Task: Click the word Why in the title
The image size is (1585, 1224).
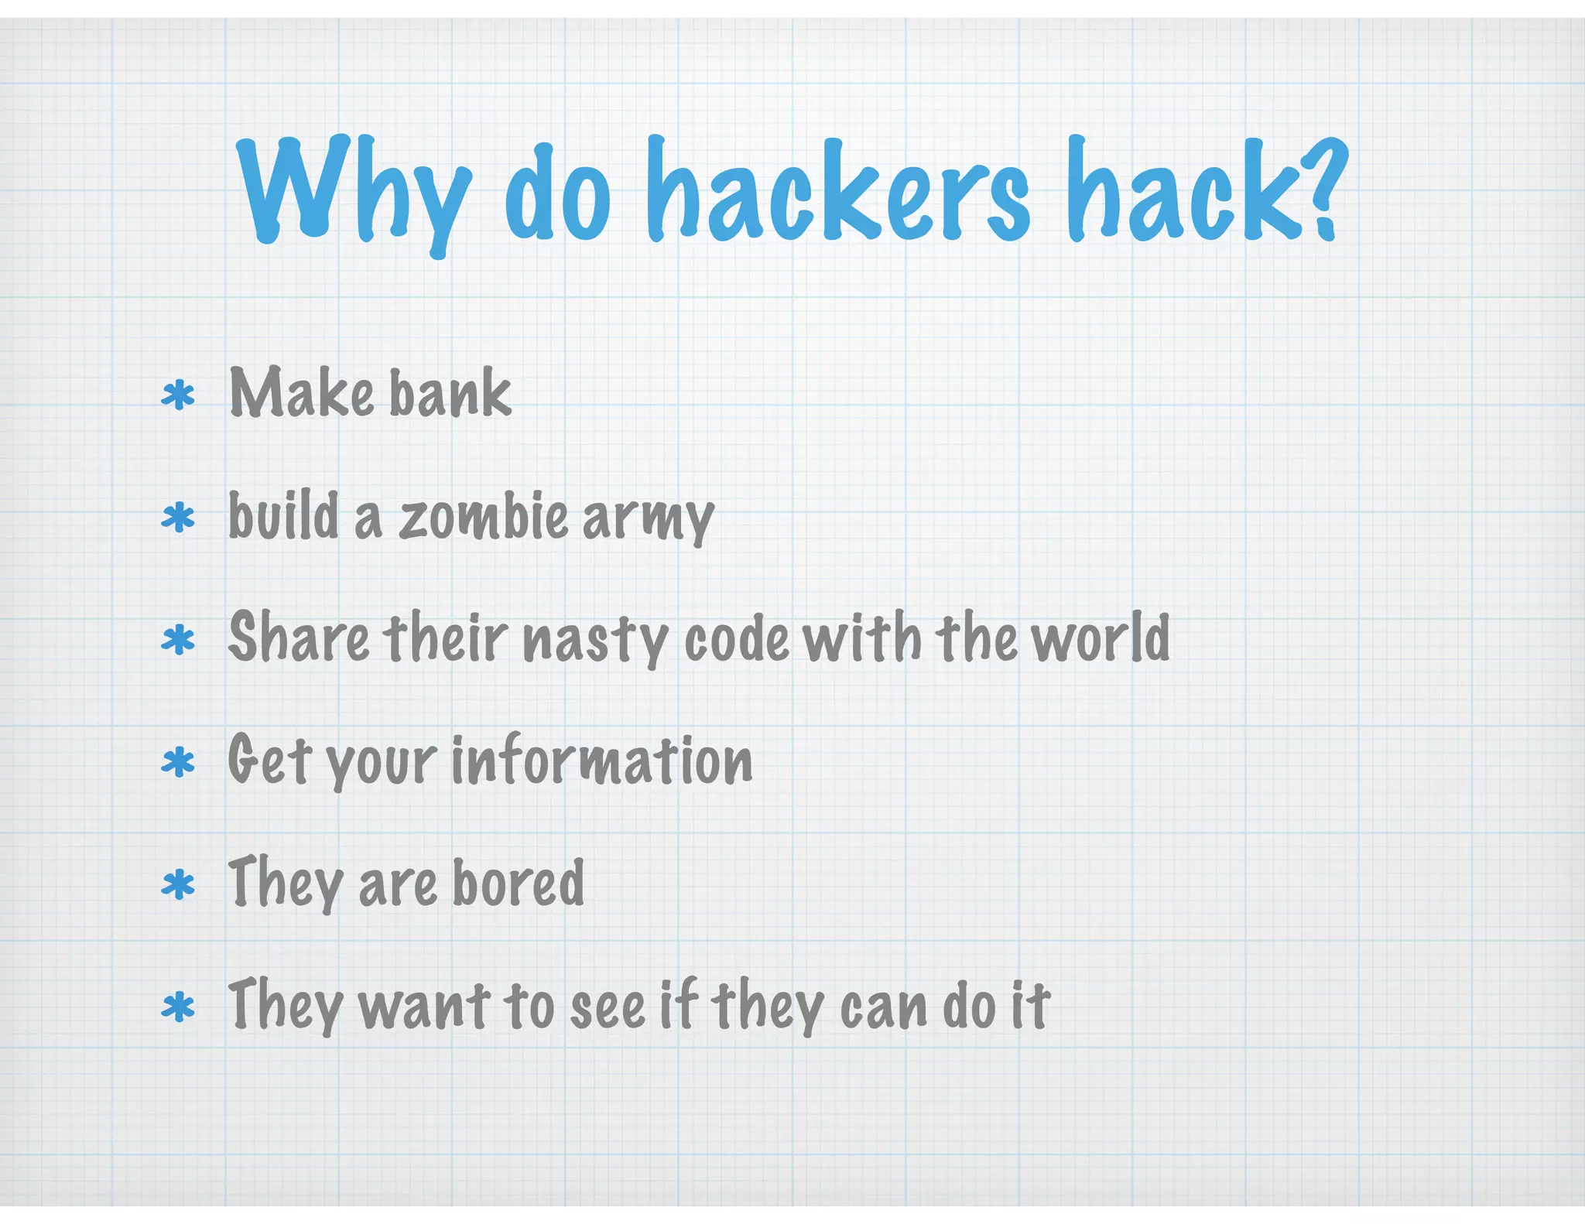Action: [353, 190]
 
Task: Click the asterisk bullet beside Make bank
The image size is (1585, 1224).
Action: [178, 396]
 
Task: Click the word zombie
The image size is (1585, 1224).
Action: [484, 517]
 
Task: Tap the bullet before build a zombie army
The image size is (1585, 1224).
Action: [178, 518]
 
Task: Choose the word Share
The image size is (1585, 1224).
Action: [299, 639]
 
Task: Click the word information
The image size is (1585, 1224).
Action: [601, 761]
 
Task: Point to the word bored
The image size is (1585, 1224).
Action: [518, 883]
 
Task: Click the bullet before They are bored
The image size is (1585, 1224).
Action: [178, 885]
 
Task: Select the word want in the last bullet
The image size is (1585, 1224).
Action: [425, 1006]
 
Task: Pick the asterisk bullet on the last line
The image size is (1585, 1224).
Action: [178, 1008]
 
